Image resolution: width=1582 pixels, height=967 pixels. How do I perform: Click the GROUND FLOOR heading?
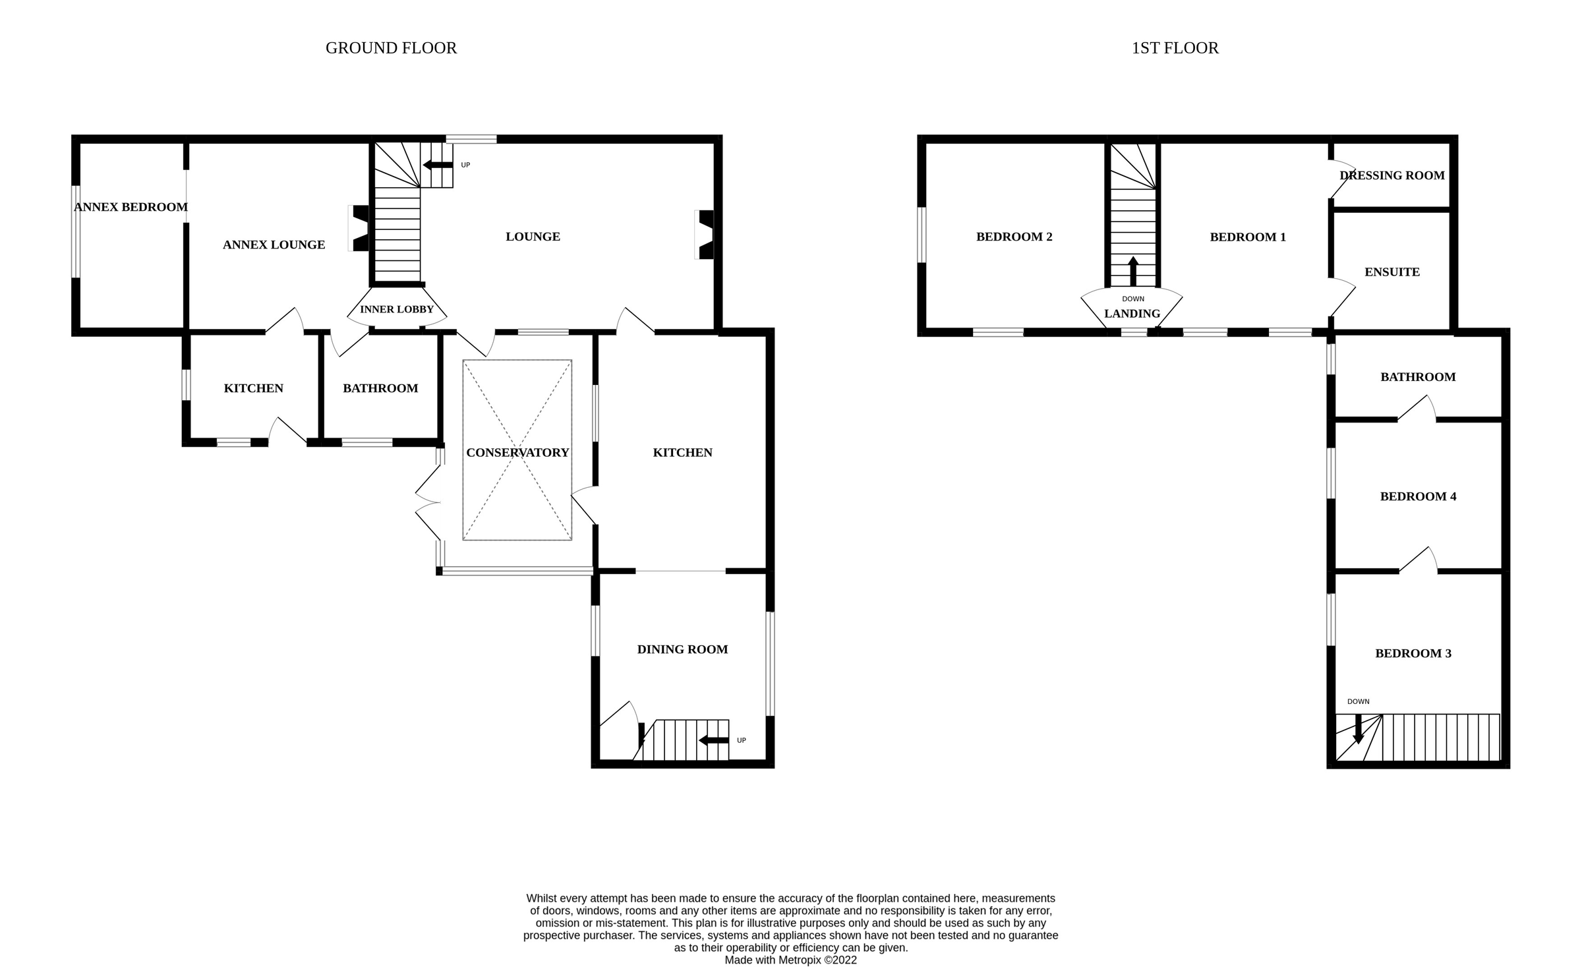point(391,48)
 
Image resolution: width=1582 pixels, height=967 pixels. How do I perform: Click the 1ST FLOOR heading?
point(1175,48)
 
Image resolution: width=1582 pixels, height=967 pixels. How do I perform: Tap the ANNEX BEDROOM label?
point(131,207)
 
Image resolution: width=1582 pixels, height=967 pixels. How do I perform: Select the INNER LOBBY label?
point(397,309)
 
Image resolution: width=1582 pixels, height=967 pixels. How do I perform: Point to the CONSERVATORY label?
point(517,452)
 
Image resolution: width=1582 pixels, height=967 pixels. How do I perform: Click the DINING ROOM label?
point(682,649)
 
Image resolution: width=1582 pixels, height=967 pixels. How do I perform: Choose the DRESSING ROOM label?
point(1392,175)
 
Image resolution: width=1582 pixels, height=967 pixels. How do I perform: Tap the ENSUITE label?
point(1392,272)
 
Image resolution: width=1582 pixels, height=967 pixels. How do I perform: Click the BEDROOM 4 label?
point(1418,496)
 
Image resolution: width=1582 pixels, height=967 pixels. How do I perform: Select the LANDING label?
point(1132,314)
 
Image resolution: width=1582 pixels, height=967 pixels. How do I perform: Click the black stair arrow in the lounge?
point(437,165)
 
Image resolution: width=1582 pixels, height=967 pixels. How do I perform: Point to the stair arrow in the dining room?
point(713,740)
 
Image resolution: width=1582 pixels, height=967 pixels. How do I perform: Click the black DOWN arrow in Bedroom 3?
point(1358,728)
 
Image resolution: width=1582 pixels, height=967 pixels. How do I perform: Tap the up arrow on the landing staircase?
point(1132,270)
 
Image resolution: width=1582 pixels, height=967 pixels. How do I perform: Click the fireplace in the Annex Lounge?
point(360,229)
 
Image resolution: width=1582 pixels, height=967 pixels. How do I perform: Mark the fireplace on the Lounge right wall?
point(705,235)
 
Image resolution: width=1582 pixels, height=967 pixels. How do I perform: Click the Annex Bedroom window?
point(76,231)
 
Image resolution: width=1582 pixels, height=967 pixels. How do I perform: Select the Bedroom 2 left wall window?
point(922,235)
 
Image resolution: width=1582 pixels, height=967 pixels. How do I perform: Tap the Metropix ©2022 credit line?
point(790,960)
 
